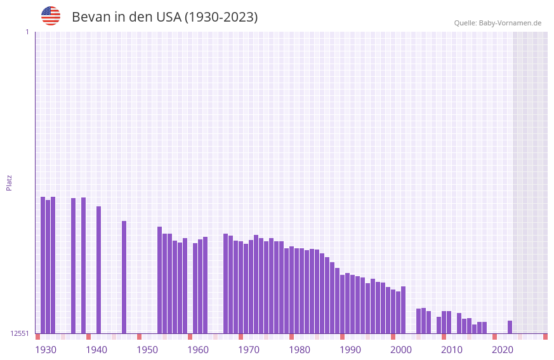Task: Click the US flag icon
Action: coord(51,16)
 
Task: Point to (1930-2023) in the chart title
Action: coord(221,17)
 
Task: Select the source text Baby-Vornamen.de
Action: coord(510,23)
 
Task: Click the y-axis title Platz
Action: coord(9,182)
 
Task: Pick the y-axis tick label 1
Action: coord(27,32)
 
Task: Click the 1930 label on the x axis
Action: coord(46,350)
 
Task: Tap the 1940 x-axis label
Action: coord(96,350)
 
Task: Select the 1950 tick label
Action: coord(147,350)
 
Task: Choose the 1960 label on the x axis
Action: coord(198,350)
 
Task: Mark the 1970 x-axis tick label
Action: coord(249,350)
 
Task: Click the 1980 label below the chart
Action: coord(300,350)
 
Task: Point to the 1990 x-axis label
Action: coord(350,350)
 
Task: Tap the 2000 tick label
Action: coord(401,350)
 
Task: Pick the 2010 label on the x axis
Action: coord(452,350)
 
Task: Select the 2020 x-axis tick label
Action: coord(503,350)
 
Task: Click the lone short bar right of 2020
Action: coord(510,327)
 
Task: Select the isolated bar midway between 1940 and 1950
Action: coord(124,277)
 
